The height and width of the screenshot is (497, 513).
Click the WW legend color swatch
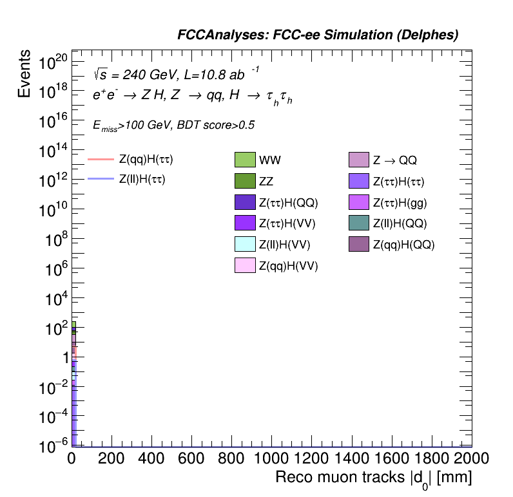point(246,160)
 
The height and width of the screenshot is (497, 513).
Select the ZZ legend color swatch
point(246,181)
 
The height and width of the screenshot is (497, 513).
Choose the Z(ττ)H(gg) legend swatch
point(358,202)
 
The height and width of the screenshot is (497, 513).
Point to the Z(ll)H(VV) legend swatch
point(246,244)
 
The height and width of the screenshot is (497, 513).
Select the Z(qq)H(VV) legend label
point(288,265)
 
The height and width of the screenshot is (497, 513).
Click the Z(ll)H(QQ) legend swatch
point(358,223)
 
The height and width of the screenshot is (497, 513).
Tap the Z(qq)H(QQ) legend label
point(404,244)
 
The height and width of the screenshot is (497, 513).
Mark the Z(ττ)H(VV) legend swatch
point(246,223)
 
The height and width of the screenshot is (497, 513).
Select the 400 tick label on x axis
point(151,458)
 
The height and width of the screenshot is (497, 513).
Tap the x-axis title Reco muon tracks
point(374,478)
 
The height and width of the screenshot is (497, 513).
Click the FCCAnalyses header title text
point(318,35)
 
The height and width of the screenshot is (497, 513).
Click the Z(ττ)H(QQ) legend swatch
point(246,202)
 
